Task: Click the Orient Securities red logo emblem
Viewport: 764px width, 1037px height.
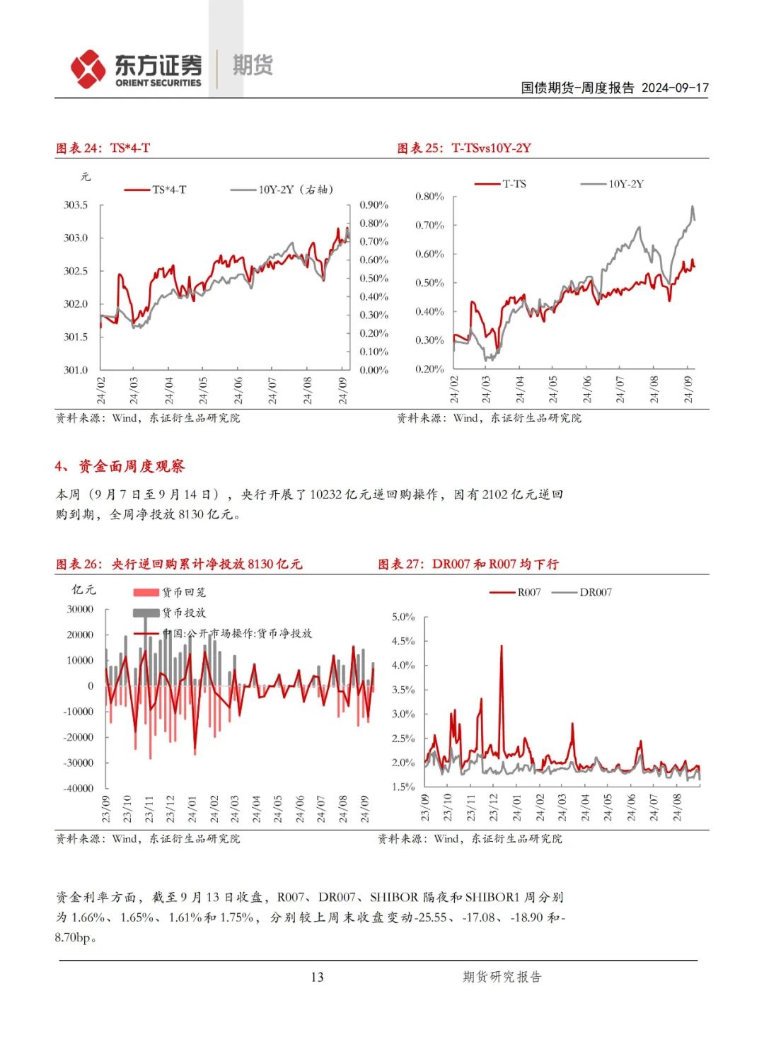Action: [88, 69]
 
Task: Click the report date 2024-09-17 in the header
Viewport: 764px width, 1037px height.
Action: [675, 88]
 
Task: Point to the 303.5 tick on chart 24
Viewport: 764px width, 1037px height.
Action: [76, 205]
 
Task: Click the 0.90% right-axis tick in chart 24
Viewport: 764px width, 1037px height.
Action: [374, 205]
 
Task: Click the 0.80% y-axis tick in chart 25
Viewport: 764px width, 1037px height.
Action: [429, 197]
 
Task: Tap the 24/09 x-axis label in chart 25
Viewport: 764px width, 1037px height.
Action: [689, 389]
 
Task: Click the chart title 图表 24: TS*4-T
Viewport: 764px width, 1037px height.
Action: [103, 148]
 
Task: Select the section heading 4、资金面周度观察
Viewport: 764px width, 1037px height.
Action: [120, 466]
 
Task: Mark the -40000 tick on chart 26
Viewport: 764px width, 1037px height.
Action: [79, 788]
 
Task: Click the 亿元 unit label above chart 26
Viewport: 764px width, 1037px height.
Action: [83, 589]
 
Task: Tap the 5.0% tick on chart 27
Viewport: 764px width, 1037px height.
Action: [403, 617]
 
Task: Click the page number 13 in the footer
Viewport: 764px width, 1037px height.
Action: [317, 977]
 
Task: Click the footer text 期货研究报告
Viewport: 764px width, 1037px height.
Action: [502, 977]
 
